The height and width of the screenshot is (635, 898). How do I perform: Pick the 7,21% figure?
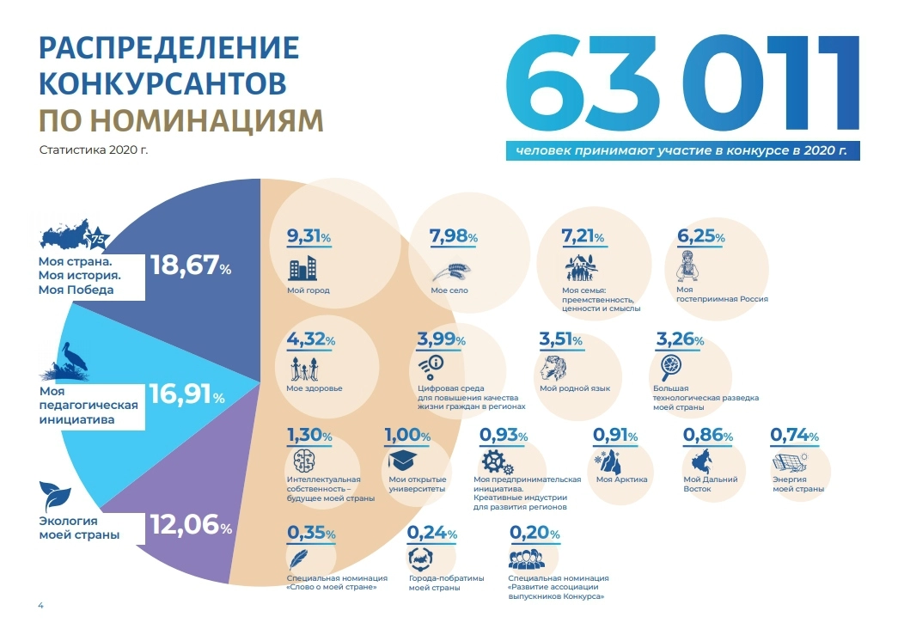582,236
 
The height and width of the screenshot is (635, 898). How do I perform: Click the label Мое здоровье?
314,388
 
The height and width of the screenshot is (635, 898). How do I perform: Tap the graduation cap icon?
405,459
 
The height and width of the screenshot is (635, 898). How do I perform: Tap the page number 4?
40,606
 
